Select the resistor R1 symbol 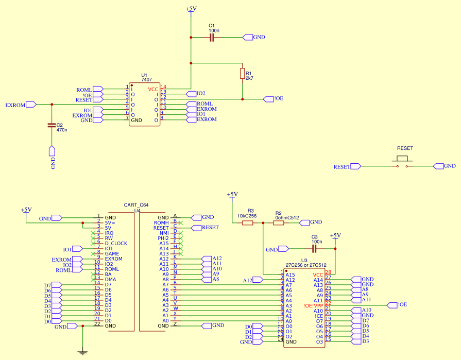point(242,74)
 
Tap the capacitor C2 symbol point(51,125)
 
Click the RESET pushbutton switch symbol point(402,164)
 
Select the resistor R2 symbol point(278,222)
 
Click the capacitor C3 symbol point(314,249)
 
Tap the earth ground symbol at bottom point(82,352)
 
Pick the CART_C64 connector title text point(136,205)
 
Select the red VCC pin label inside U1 point(153,89)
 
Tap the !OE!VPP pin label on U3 point(313,305)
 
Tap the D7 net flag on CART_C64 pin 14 point(56,285)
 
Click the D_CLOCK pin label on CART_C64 point(116,244)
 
